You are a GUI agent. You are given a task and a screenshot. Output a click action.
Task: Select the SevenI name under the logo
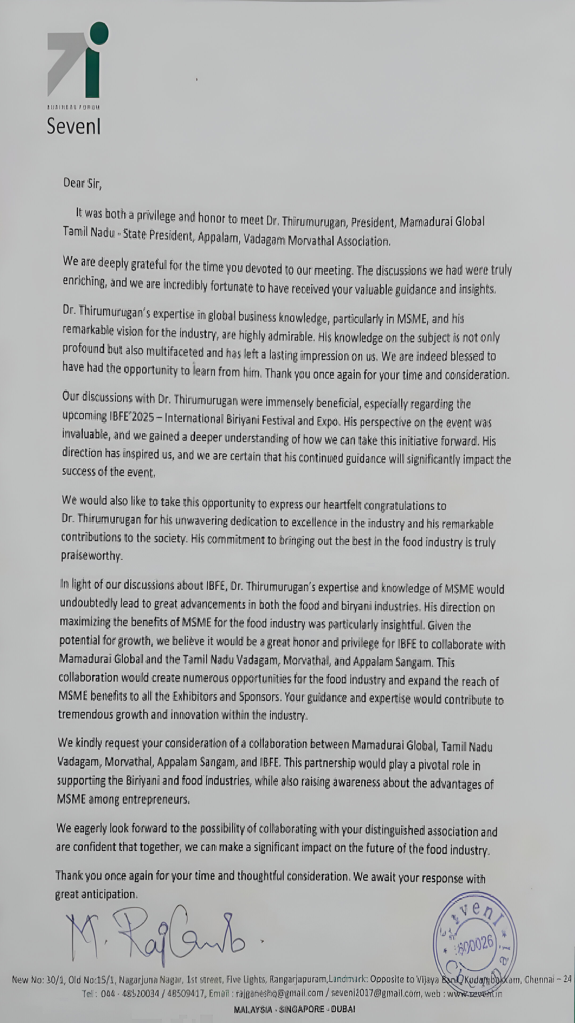click(74, 126)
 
